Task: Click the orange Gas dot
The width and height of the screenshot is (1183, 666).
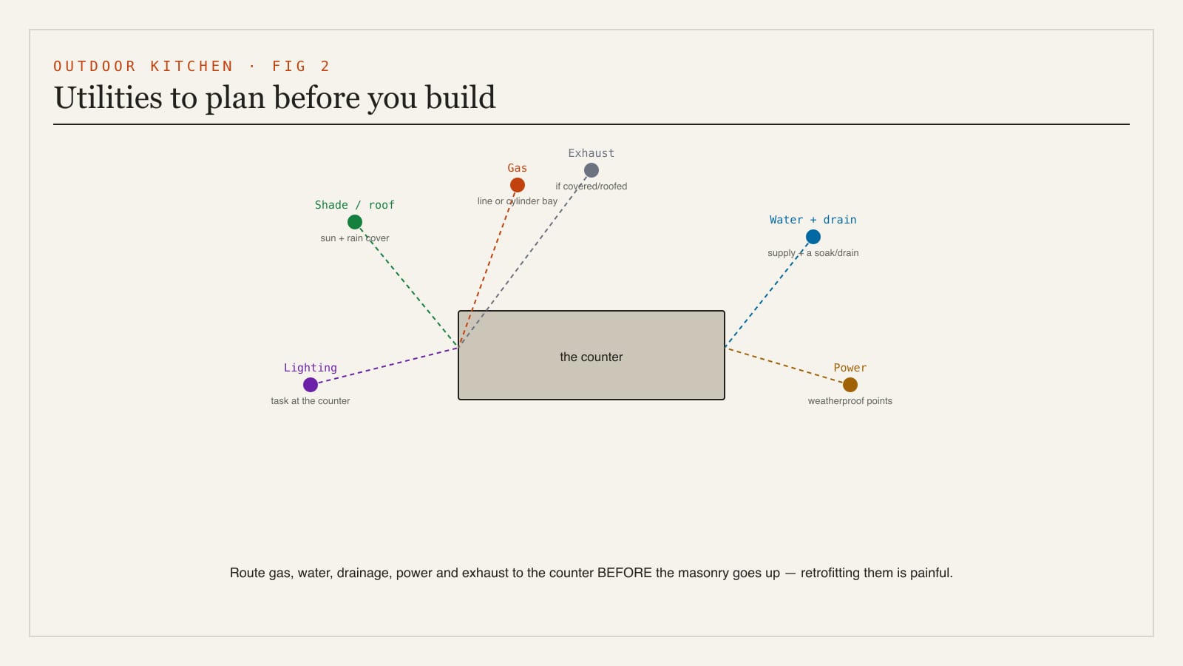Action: click(x=517, y=185)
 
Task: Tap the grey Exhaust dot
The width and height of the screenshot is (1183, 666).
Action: click(x=591, y=170)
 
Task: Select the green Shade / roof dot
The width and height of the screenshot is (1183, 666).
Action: click(x=354, y=222)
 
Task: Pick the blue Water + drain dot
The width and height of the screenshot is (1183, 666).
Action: click(x=813, y=237)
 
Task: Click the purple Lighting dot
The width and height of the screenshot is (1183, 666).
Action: click(x=310, y=385)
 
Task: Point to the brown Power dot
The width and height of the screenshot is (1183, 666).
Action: click(x=850, y=385)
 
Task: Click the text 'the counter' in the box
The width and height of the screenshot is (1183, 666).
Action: click(x=591, y=357)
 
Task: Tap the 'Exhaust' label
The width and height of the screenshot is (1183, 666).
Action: click(x=591, y=153)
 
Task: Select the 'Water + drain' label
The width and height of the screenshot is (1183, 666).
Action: click(x=813, y=220)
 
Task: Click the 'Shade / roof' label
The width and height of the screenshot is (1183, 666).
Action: click(x=354, y=205)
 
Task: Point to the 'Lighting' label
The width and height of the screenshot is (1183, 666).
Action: click(x=310, y=368)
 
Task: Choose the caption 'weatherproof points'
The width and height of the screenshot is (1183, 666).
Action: click(x=850, y=400)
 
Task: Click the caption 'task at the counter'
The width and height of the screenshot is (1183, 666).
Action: click(x=310, y=400)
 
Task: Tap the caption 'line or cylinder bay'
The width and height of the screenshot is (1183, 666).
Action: click(x=517, y=201)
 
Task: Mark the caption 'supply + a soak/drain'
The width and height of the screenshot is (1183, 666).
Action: click(x=813, y=252)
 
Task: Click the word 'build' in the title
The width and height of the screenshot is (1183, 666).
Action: click(x=461, y=97)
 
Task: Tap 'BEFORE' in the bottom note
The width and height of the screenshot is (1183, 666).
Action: click(x=624, y=573)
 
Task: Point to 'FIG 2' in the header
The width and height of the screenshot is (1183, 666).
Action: click(x=301, y=66)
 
